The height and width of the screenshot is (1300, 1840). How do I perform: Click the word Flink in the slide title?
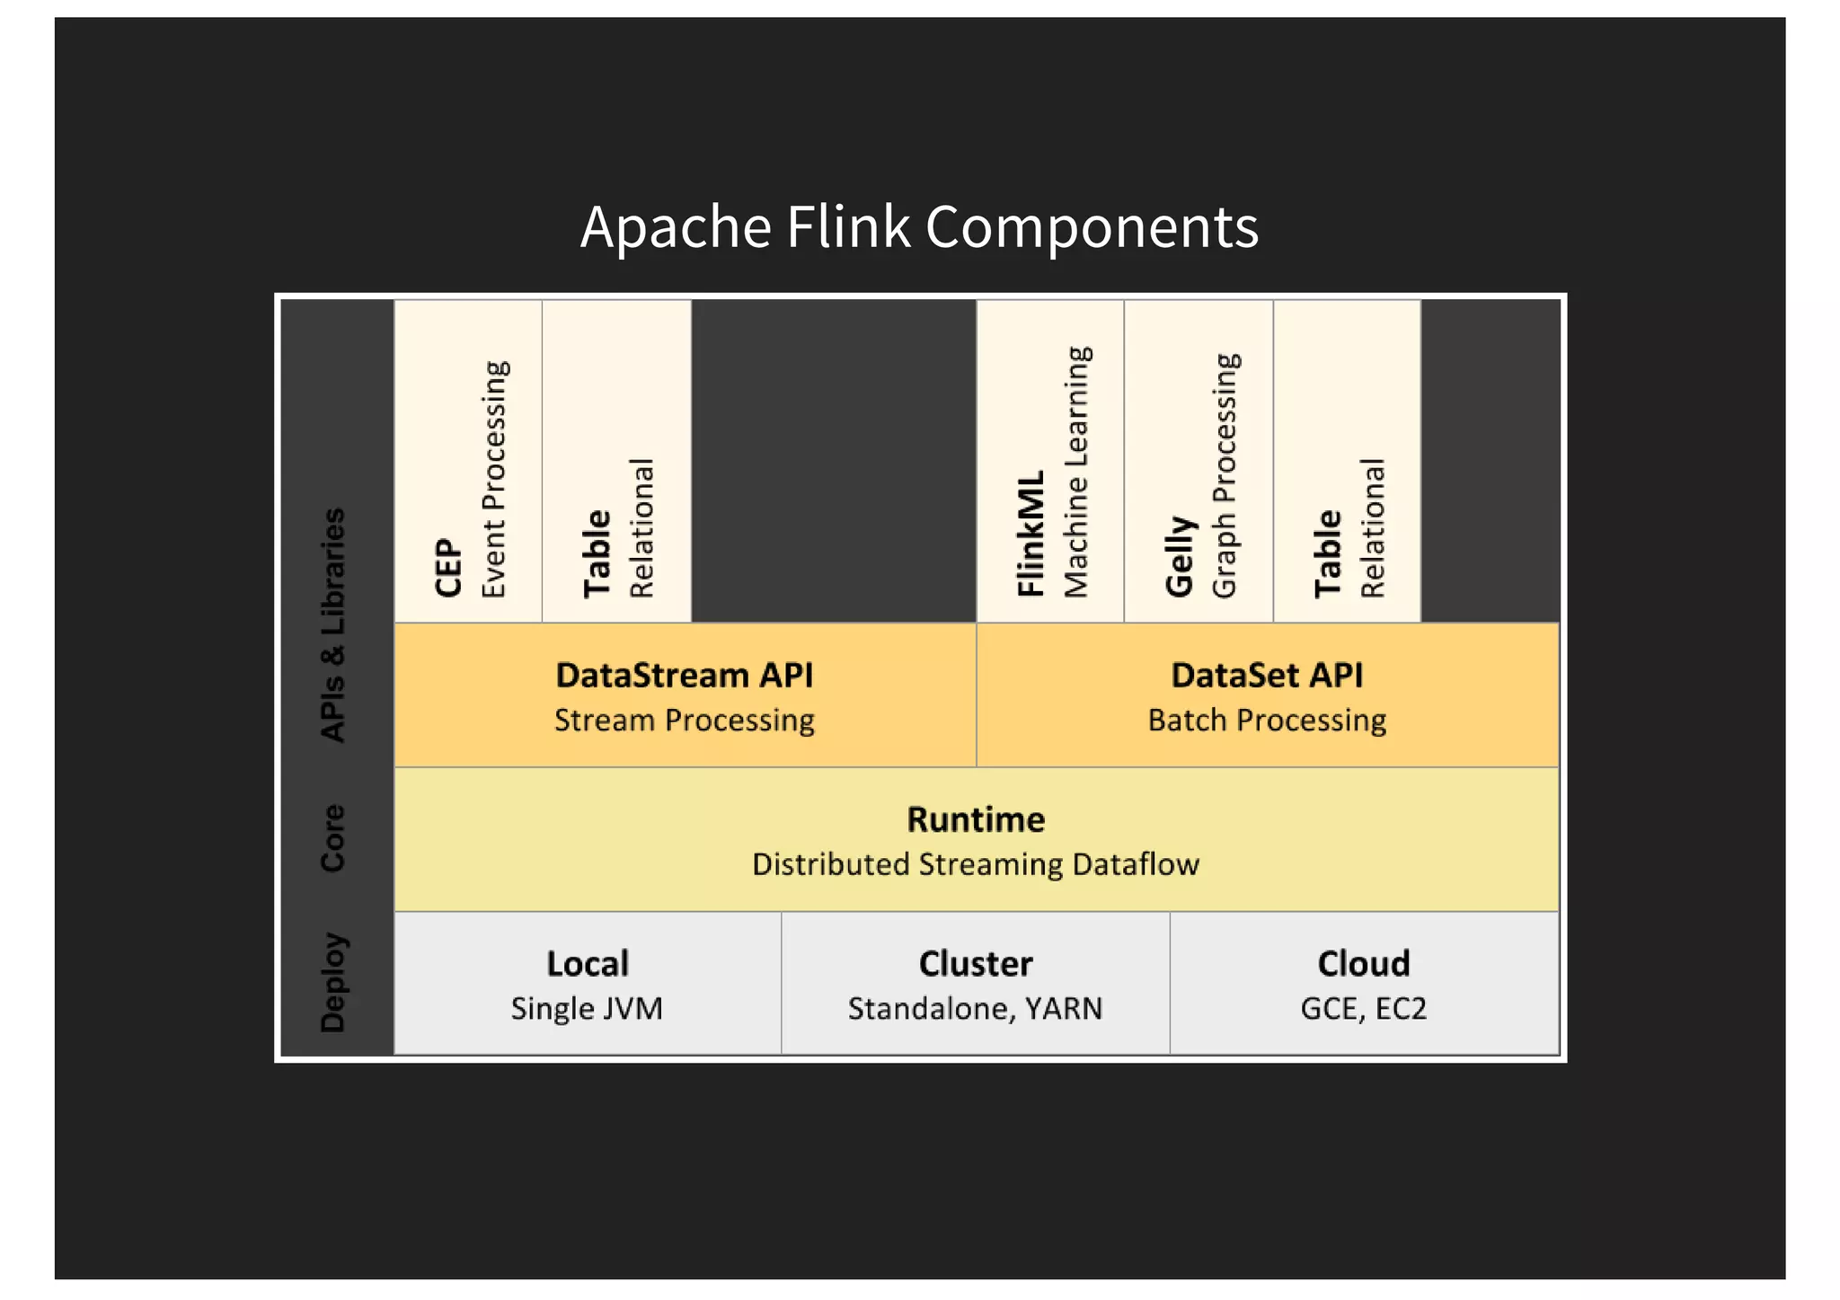pos(848,226)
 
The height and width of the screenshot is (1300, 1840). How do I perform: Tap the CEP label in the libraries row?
pos(447,567)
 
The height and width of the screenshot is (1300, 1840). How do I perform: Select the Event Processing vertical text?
pos(494,479)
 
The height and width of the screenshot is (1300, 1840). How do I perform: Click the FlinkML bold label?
pos(1031,533)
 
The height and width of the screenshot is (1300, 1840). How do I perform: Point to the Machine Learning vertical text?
pos(1076,472)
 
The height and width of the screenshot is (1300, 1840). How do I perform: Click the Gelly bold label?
pos(1179,556)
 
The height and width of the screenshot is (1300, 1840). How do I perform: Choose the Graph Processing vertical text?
pos(1225,475)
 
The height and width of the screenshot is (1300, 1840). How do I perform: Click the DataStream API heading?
pos(684,676)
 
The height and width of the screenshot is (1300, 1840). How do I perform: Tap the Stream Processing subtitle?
pos(684,721)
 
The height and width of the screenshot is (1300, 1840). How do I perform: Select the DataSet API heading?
pos(1266,676)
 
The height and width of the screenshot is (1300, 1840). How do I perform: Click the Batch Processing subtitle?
pos(1266,721)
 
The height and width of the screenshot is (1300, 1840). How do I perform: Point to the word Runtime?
pos(976,819)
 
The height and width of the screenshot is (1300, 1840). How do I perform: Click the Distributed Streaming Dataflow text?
pos(976,864)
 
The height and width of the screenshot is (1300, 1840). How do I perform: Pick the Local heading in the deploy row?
pos(588,964)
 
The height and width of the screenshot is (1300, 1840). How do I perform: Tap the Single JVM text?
pos(587,1009)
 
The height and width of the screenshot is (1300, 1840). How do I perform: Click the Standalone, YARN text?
pos(975,1009)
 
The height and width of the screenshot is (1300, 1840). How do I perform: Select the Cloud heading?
pos(1363,964)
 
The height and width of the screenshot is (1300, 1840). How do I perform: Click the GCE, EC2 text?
pos(1363,1009)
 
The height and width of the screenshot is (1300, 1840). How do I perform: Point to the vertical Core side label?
pos(332,837)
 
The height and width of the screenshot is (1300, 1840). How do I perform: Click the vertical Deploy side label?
pos(332,982)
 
